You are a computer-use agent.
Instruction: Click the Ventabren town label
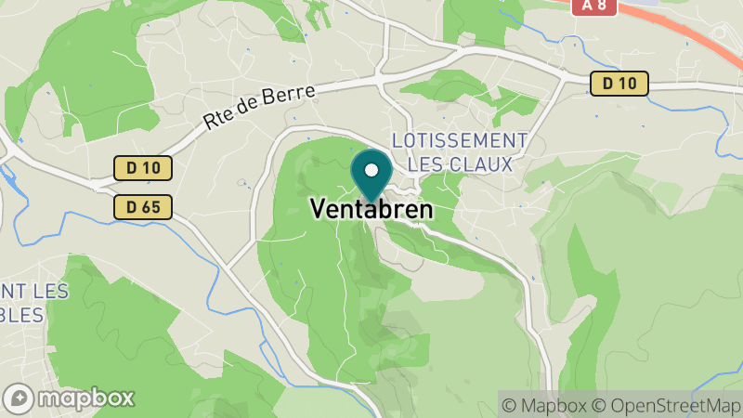click(371, 210)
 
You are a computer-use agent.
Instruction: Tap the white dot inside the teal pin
click(371, 171)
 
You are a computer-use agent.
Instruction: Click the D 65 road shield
click(144, 207)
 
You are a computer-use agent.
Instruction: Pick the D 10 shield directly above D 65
click(144, 168)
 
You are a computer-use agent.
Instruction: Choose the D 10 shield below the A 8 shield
click(619, 84)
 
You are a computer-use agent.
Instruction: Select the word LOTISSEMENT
click(460, 140)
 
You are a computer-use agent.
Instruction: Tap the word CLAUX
click(483, 164)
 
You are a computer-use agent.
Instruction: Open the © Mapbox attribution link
click(544, 405)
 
